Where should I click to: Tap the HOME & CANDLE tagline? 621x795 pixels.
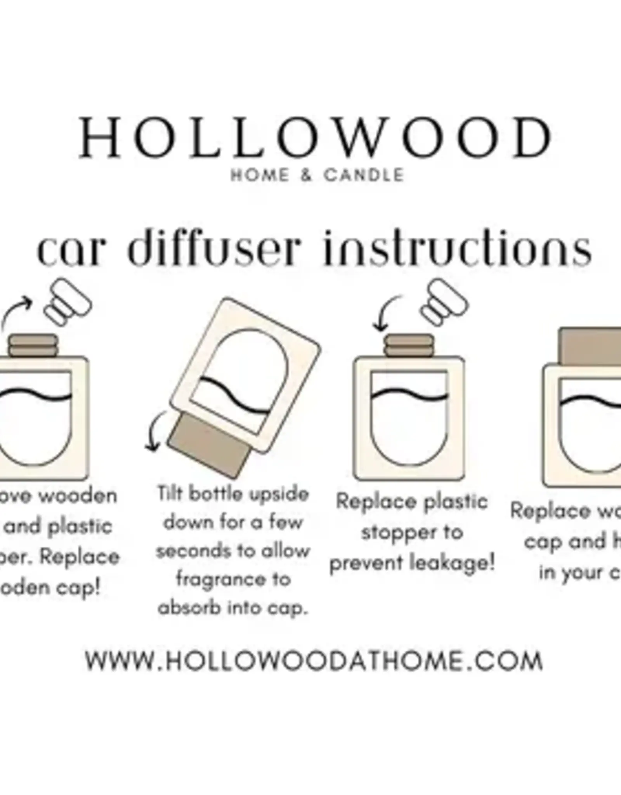[317, 175]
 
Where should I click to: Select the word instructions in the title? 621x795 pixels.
[457, 249]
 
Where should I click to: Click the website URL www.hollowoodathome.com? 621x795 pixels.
[314, 661]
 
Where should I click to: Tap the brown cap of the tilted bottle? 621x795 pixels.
[209, 443]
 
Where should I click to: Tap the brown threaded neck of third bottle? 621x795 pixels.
[408, 345]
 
